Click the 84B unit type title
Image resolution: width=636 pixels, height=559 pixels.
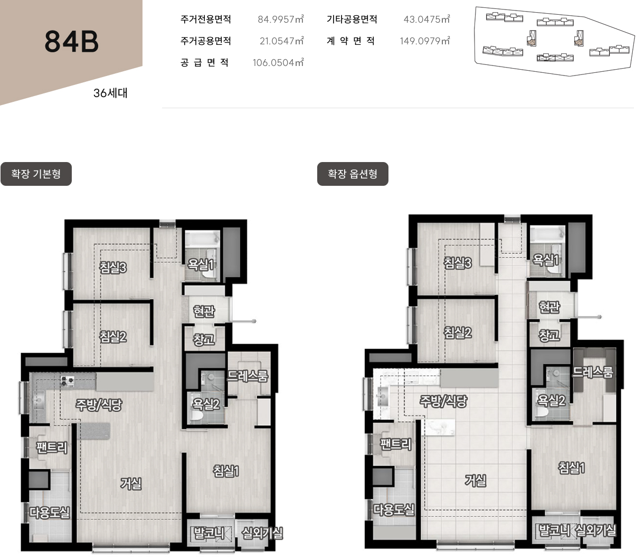tap(72, 42)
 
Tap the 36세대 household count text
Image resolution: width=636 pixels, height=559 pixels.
tap(110, 93)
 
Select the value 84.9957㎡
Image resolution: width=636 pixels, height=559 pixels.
tap(281, 19)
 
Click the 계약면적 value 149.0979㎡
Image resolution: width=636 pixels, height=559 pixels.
tap(425, 41)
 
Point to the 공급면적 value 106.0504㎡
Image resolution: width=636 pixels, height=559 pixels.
tap(278, 62)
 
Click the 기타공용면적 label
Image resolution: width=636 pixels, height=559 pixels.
tap(352, 19)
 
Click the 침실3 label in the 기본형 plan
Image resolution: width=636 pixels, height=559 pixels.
tap(113, 267)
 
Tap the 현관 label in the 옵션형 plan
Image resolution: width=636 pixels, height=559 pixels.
tap(549, 307)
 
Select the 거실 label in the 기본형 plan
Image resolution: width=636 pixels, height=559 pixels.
tap(131, 484)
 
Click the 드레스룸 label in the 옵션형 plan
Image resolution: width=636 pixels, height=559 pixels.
tap(592, 372)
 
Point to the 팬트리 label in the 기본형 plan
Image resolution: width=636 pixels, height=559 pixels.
tap(52, 448)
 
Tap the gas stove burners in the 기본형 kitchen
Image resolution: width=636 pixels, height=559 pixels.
tap(67, 381)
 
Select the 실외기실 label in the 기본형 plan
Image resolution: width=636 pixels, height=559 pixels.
tap(262, 533)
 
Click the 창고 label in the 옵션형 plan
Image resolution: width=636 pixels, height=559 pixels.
tap(549, 335)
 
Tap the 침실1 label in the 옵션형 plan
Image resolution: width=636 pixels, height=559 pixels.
tap(571, 468)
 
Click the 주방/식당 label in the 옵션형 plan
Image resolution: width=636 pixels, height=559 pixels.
tap(443, 401)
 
